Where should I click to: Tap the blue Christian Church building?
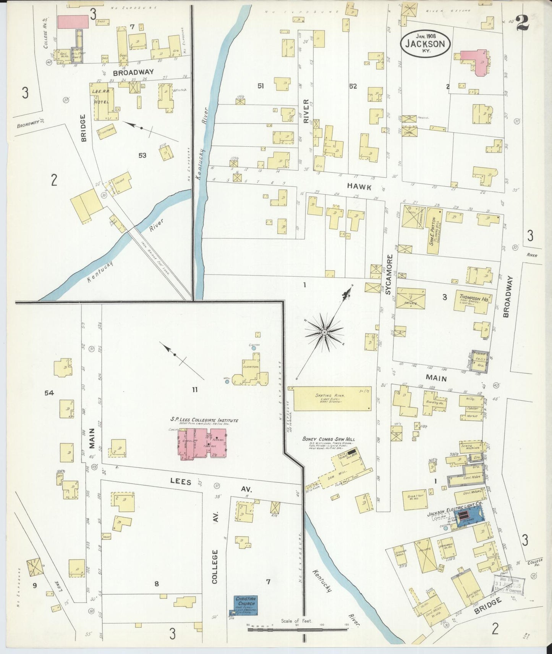click(x=246, y=606)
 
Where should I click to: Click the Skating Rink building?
click(x=332, y=399)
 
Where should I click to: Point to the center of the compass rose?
click(x=324, y=332)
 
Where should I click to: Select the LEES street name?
click(x=180, y=482)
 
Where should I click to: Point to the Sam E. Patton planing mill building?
click(x=434, y=231)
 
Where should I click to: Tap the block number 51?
click(x=261, y=86)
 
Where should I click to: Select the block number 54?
click(x=49, y=393)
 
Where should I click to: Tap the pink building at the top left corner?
click(x=73, y=22)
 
